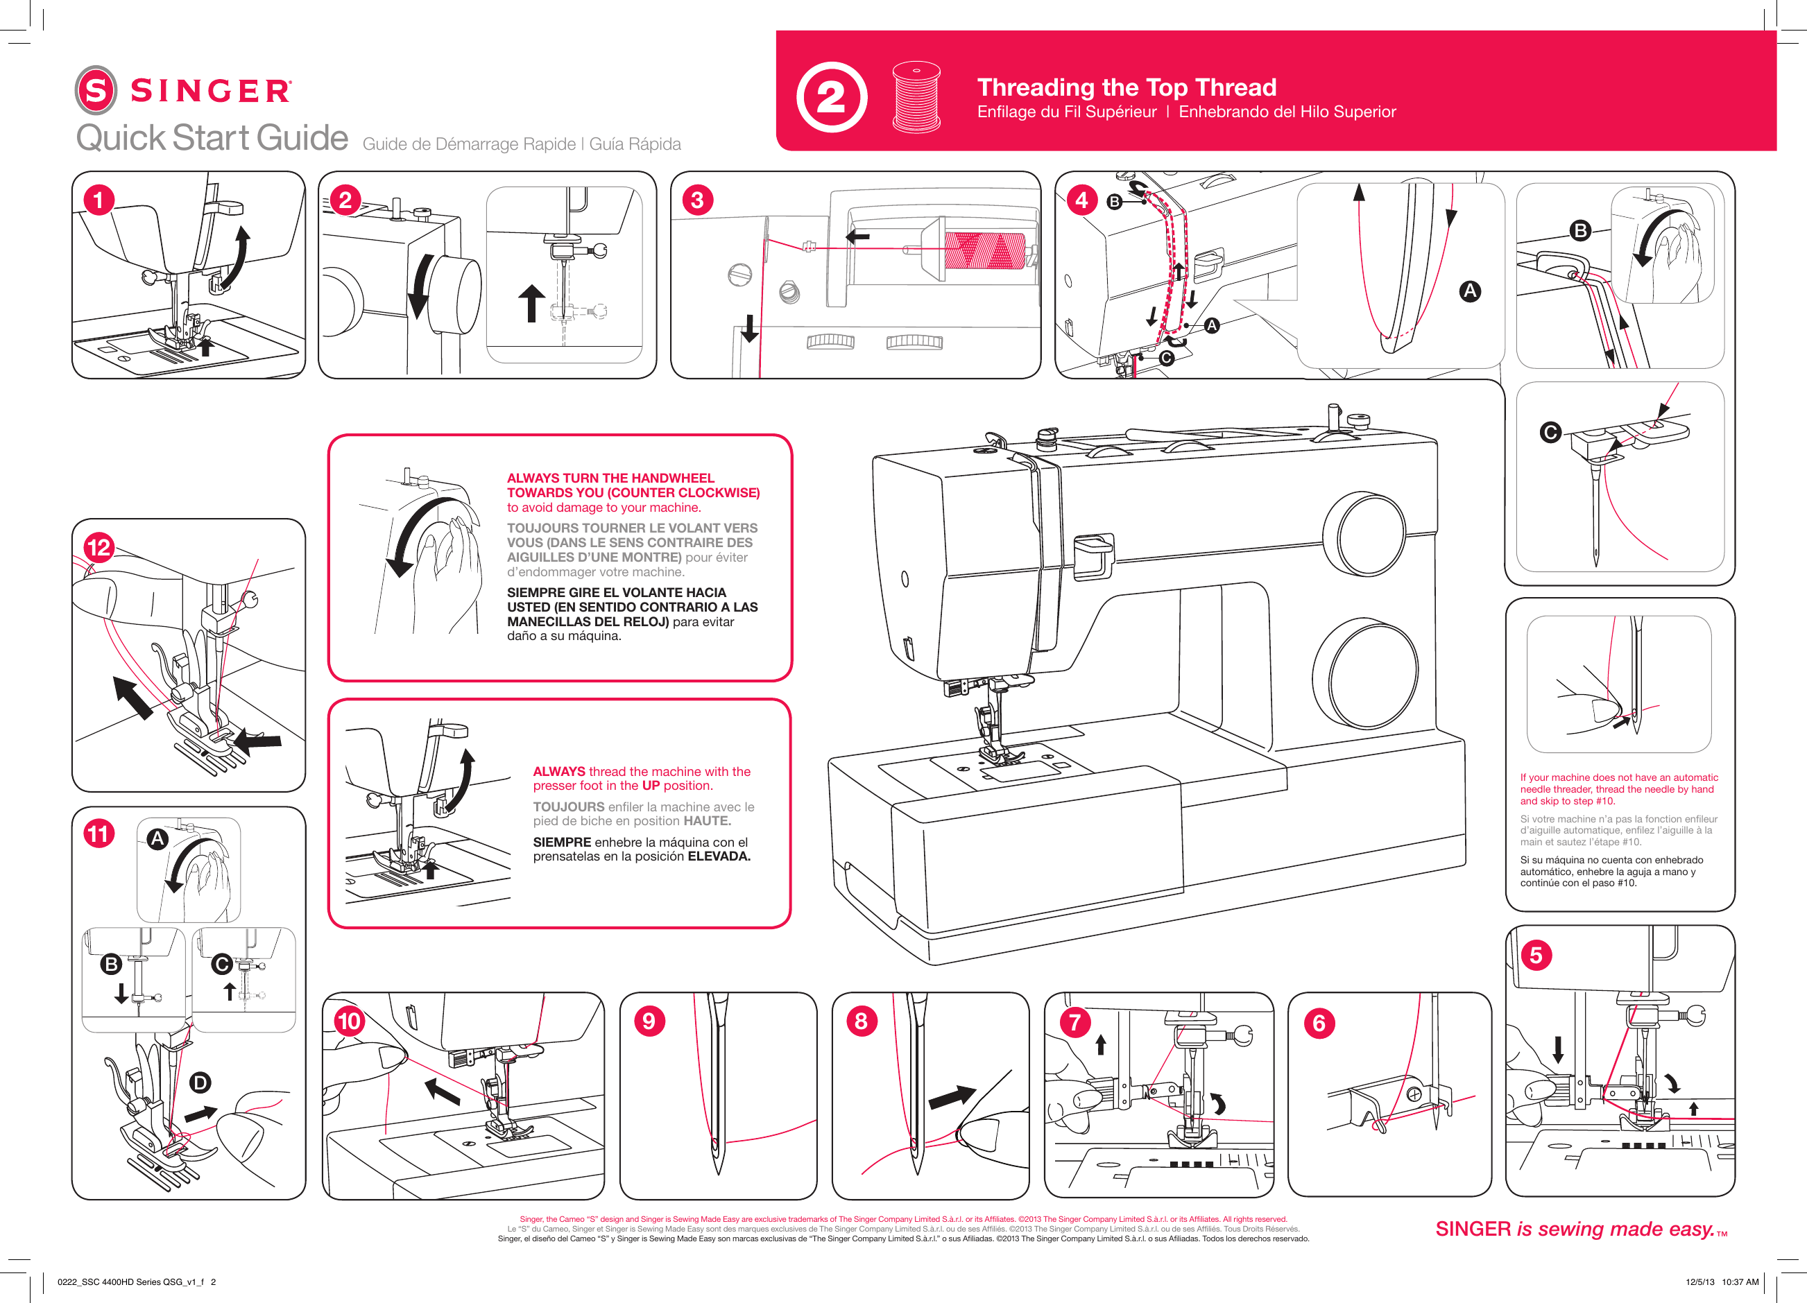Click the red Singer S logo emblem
pyautogui.click(x=96, y=90)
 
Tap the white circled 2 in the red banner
pyautogui.click(x=831, y=97)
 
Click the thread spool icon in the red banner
pyautogui.click(x=916, y=96)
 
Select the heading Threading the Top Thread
pyautogui.click(x=1127, y=87)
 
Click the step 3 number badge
pyautogui.click(x=697, y=200)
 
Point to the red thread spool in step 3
pyautogui.click(x=985, y=250)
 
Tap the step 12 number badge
pyautogui.click(x=99, y=547)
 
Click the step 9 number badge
pyautogui.click(x=649, y=1021)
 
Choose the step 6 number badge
pyautogui.click(x=1319, y=1023)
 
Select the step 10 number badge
pyautogui.click(x=349, y=1021)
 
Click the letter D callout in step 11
pyautogui.click(x=200, y=1082)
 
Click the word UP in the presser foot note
pyautogui.click(x=650, y=785)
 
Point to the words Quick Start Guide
pyautogui.click(x=212, y=138)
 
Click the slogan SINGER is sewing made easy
pyautogui.click(x=1580, y=1229)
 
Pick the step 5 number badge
pyautogui.click(x=1536, y=955)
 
